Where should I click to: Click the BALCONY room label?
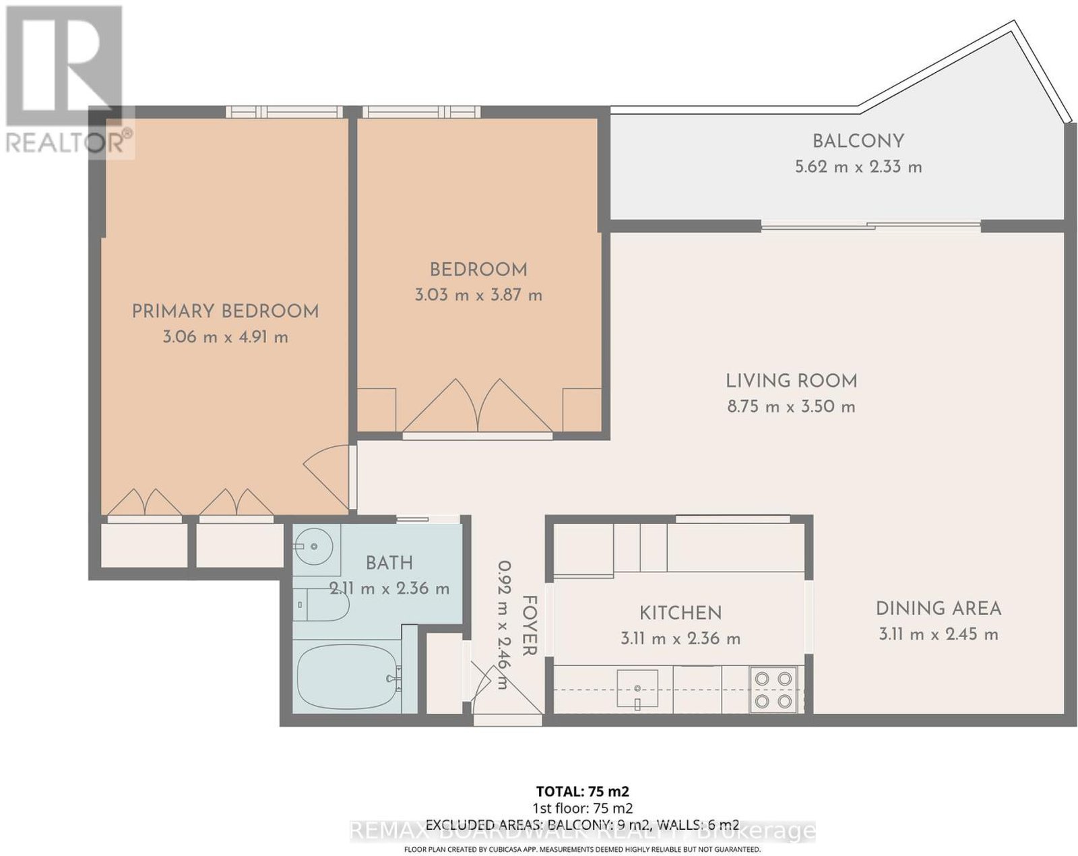858,141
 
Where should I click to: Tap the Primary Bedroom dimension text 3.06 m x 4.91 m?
226,337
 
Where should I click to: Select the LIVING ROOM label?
792,381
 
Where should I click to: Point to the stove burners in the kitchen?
773,690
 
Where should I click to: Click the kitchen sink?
637,688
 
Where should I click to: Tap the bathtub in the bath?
349,677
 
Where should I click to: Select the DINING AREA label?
939,609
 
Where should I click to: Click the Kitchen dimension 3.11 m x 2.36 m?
680,638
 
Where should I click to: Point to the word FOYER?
530,625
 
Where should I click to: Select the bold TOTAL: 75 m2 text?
583,791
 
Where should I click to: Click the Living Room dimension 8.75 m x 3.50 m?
792,406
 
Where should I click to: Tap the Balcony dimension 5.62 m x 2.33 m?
858,167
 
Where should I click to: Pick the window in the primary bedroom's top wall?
284,112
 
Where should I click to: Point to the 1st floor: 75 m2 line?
583,808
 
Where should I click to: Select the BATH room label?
389,563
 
